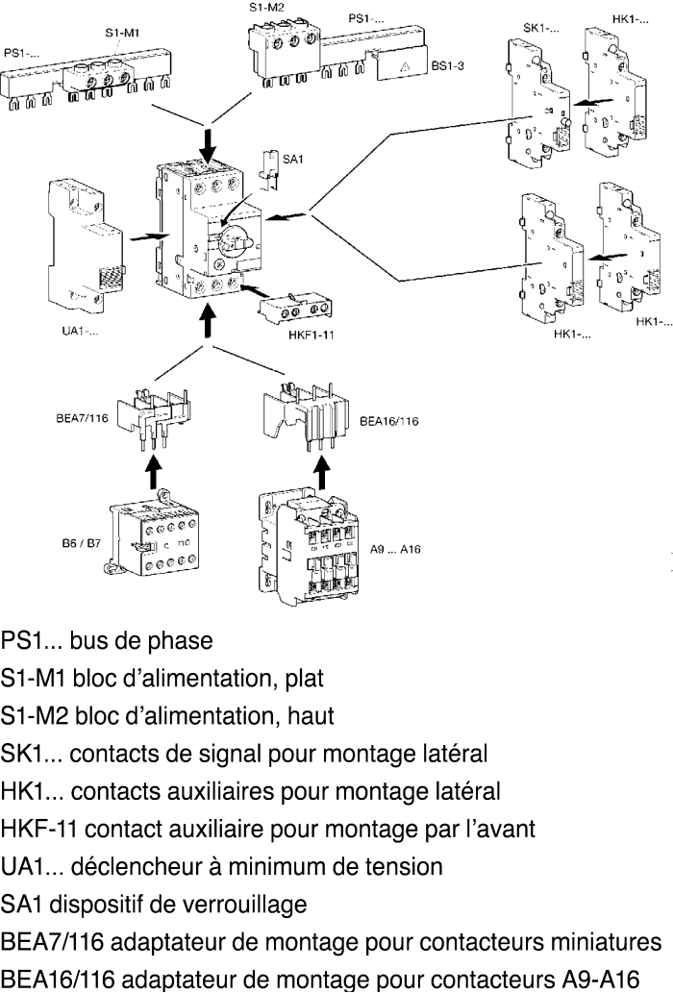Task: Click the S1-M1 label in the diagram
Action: tap(122, 33)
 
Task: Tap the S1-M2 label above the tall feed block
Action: tap(266, 8)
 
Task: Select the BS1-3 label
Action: tap(448, 65)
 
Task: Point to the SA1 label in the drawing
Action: tap(292, 159)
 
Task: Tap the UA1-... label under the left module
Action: tap(80, 331)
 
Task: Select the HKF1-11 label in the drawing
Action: tap(311, 335)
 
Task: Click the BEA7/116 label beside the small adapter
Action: tap(83, 418)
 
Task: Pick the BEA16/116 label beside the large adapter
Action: tap(388, 421)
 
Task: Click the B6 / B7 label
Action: tap(81, 543)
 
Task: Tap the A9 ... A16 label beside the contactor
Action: tap(395, 549)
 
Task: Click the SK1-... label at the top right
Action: tap(541, 28)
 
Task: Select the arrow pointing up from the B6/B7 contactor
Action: tap(153, 472)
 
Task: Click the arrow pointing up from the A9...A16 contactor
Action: tap(322, 472)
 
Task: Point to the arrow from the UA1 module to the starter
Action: tap(149, 236)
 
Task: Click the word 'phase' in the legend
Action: tap(180, 641)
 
